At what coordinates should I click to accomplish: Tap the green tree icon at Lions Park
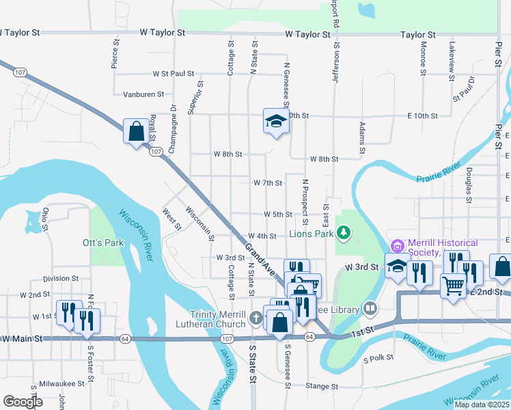pyautogui.click(x=344, y=234)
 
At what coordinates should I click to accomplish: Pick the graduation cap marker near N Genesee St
pyautogui.click(x=276, y=121)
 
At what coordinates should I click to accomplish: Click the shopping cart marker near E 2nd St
pyautogui.click(x=454, y=286)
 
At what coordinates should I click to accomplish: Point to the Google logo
pyautogui.click(x=23, y=402)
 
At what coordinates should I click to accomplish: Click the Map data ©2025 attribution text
pyautogui.click(x=482, y=405)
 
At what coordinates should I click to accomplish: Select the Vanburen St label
pyautogui.click(x=143, y=94)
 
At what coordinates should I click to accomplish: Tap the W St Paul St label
pyautogui.click(x=174, y=72)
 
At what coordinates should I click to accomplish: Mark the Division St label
pyautogui.click(x=61, y=279)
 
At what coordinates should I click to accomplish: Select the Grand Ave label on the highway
pyautogui.click(x=259, y=256)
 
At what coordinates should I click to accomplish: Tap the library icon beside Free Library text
pyautogui.click(x=370, y=310)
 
